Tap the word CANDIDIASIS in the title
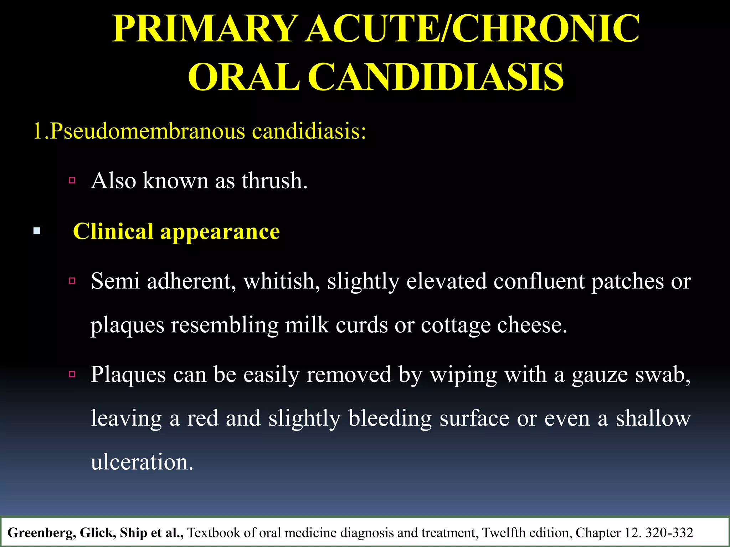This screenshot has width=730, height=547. pyautogui.click(x=436, y=77)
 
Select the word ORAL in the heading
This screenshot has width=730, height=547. pyautogui.click(x=243, y=77)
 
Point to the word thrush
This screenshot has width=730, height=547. pyautogui.click(x=274, y=181)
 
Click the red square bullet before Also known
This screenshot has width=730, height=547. pyautogui.click(x=72, y=181)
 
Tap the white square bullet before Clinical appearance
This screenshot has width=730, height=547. pyautogui.click(x=37, y=231)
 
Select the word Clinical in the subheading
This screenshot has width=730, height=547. pyautogui.click(x=113, y=231)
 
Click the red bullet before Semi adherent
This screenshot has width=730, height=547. pyautogui.click(x=72, y=281)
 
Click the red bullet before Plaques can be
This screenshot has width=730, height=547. pyautogui.click(x=72, y=374)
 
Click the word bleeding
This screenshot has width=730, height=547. pyautogui.click(x=390, y=418)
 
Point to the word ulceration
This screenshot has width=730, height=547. pyautogui.click(x=142, y=462)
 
